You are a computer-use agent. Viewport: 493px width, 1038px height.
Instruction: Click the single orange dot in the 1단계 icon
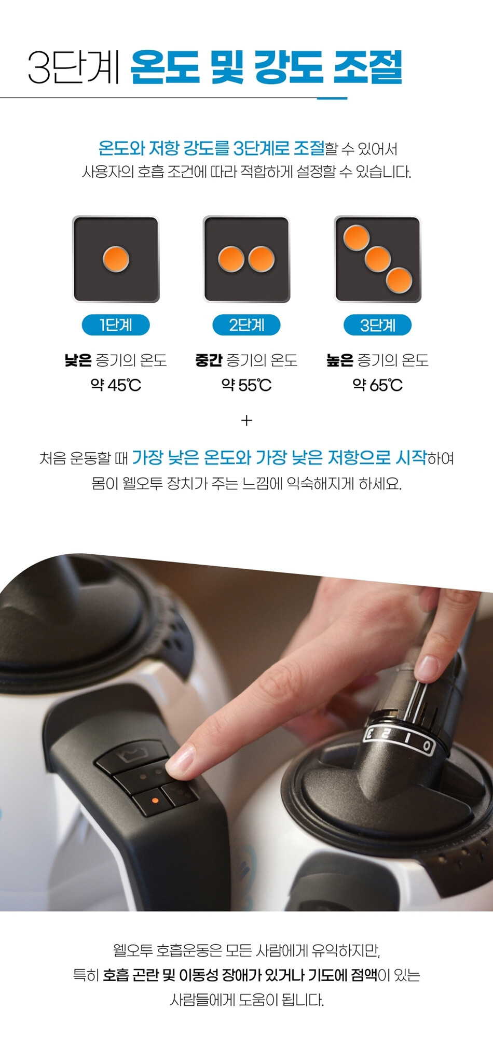tap(116, 259)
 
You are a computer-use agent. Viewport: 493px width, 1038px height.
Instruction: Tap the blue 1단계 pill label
tap(116, 325)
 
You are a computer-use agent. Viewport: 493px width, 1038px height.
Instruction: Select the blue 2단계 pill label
tap(246, 325)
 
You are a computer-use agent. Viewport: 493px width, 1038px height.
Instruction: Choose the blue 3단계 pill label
tap(378, 325)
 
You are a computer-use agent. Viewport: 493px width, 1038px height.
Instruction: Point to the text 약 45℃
tap(116, 385)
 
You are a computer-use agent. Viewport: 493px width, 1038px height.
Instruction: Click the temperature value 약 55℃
tap(246, 385)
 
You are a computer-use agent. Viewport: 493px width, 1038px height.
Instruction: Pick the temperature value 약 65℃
tap(378, 385)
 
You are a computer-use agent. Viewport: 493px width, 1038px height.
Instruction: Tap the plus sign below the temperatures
tap(246, 420)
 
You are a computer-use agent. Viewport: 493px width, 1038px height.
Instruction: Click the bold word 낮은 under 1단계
tap(78, 360)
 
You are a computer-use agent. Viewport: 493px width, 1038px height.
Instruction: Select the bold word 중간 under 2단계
tap(209, 360)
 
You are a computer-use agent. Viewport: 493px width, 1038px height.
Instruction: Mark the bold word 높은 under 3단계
tap(340, 360)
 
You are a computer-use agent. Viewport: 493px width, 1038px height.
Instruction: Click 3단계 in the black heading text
tap(74, 67)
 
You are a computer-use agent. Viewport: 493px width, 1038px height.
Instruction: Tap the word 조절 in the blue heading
tap(367, 67)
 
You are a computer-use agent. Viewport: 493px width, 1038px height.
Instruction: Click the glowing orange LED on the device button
tap(155, 801)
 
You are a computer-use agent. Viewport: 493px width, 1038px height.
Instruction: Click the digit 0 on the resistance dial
tap(427, 746)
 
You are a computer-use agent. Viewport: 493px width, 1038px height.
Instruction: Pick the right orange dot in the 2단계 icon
tap(262, 259)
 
